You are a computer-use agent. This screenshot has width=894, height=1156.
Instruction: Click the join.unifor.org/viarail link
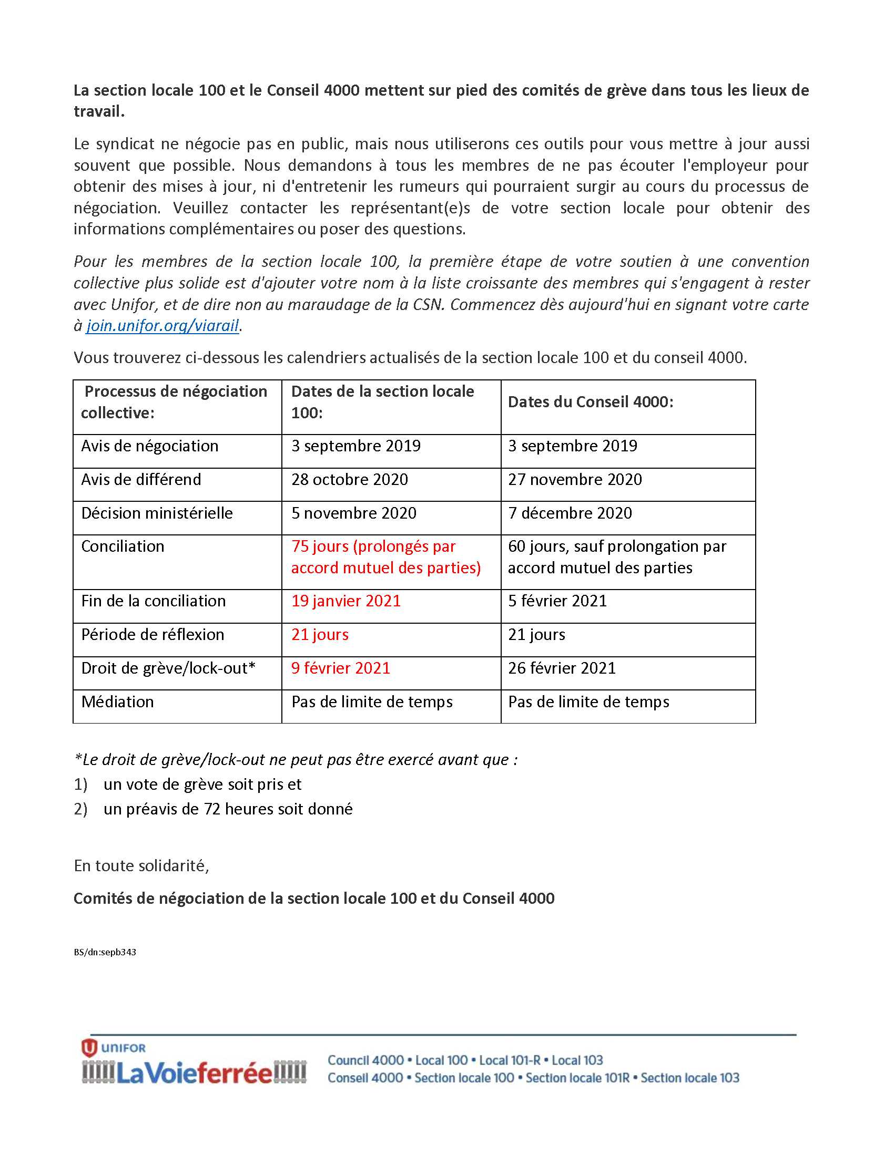pos(162,326)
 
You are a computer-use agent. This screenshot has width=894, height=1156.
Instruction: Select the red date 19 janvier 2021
pos(346,601)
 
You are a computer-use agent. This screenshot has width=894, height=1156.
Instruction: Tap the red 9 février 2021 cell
pos(341,668)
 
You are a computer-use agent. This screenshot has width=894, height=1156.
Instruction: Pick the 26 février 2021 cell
pos(562,668)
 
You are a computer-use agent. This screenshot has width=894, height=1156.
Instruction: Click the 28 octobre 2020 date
pos(350,480)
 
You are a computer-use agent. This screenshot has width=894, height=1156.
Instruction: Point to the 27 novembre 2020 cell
pos(575,480)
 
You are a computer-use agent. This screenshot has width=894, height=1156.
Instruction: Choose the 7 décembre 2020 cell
pos(570,513)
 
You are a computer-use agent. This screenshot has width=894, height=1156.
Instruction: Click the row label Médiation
pos(118,702)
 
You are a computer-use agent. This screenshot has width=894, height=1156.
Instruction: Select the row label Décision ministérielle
pos(157,513)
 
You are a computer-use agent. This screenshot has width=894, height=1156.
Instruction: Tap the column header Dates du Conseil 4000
pos(591,402)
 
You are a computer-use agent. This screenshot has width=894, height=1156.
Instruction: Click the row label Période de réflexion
pos(153,635)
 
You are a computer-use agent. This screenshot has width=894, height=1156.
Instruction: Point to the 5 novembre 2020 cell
pos(354,513)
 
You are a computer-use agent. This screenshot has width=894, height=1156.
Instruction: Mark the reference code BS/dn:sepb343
pos(105,952)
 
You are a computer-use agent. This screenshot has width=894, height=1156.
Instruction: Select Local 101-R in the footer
pos(510,1060)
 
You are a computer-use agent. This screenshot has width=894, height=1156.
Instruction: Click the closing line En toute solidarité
pos(141,866)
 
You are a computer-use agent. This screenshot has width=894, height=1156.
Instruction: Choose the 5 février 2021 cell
pos(557,601)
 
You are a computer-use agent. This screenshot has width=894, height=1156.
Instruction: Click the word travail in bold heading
pos(98,112)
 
